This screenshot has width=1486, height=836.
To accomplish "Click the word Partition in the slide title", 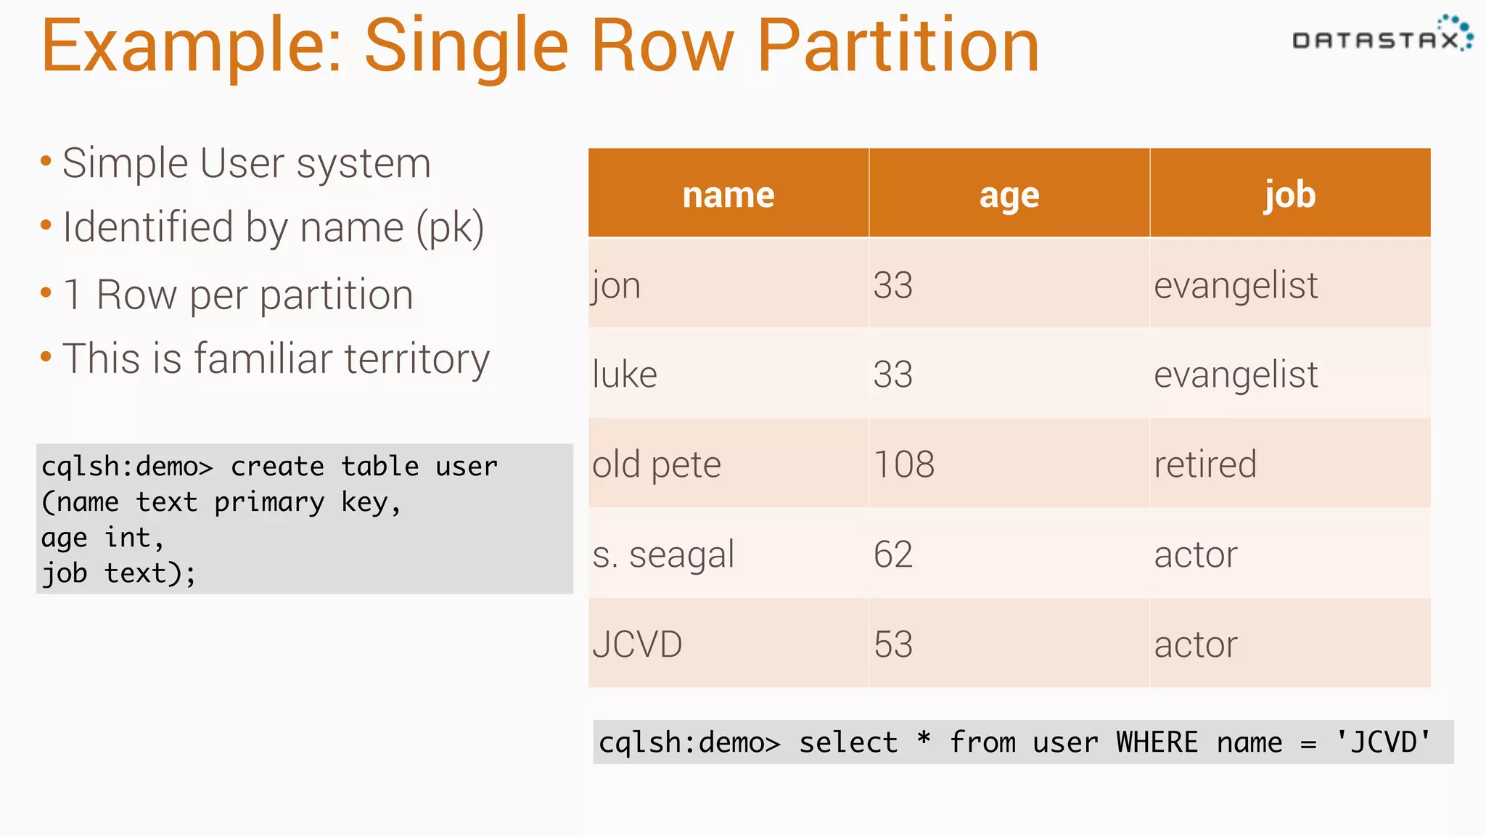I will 898,47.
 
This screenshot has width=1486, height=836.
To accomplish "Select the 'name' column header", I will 728,194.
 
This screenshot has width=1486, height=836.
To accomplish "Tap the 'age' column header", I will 1009,194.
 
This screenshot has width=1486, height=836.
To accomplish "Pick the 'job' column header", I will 1289,194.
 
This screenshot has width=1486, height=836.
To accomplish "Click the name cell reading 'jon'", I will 617,285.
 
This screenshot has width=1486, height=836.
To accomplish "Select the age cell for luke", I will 892,374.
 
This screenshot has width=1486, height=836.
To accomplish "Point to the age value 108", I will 904,464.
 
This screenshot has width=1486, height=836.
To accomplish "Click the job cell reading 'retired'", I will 1205,464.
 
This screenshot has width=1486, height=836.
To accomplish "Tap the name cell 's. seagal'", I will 663,554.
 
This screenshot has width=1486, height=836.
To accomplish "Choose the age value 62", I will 892,554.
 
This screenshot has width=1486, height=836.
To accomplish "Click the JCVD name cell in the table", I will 637,644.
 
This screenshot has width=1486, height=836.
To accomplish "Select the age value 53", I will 892,644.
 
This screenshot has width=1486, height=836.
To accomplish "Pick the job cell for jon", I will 1236,285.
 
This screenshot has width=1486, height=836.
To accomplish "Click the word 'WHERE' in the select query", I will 1157,742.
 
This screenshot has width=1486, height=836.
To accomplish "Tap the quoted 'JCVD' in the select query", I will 1384,742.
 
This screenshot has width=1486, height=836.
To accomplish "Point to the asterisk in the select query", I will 924,740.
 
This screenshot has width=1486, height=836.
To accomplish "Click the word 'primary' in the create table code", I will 269,502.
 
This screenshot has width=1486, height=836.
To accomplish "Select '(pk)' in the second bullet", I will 450,228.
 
